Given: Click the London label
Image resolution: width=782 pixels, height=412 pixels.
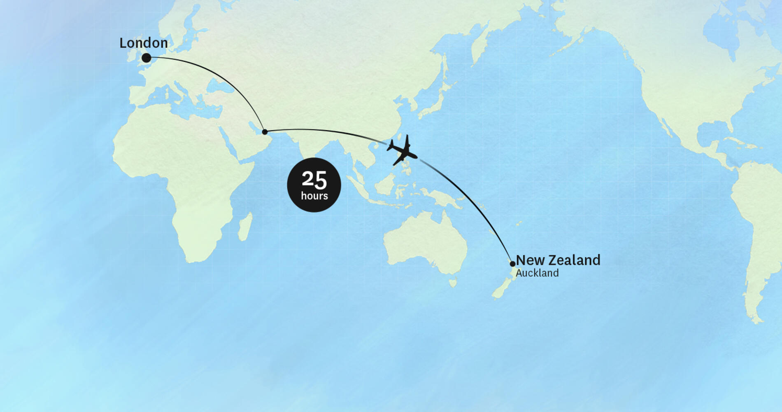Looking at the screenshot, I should click(x=144, y=43).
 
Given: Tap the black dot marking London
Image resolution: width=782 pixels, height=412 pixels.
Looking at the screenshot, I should click(x=146, y=58).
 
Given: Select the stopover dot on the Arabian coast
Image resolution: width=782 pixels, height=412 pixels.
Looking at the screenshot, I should click(x=265, y=132).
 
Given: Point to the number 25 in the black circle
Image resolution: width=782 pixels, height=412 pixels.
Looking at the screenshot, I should click(x=314, y=179).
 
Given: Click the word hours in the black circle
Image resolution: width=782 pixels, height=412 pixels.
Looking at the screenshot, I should click(x=314, y=196).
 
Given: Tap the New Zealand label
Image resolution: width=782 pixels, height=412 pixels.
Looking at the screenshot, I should click(x=558, y=260).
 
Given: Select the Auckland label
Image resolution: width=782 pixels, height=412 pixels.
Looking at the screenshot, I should click(x=537, y=273).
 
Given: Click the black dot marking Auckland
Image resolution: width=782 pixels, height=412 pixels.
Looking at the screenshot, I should click(x=512, y=264).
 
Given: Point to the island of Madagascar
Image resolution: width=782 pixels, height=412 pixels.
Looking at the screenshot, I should click(x=245, y=227).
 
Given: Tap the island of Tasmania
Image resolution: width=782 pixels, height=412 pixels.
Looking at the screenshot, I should click(x=453, y=283).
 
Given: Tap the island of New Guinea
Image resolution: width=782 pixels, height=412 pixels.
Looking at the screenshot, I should click(x=442, y=197).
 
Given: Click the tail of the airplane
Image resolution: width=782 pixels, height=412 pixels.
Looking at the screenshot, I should click(x=390, y=145).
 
